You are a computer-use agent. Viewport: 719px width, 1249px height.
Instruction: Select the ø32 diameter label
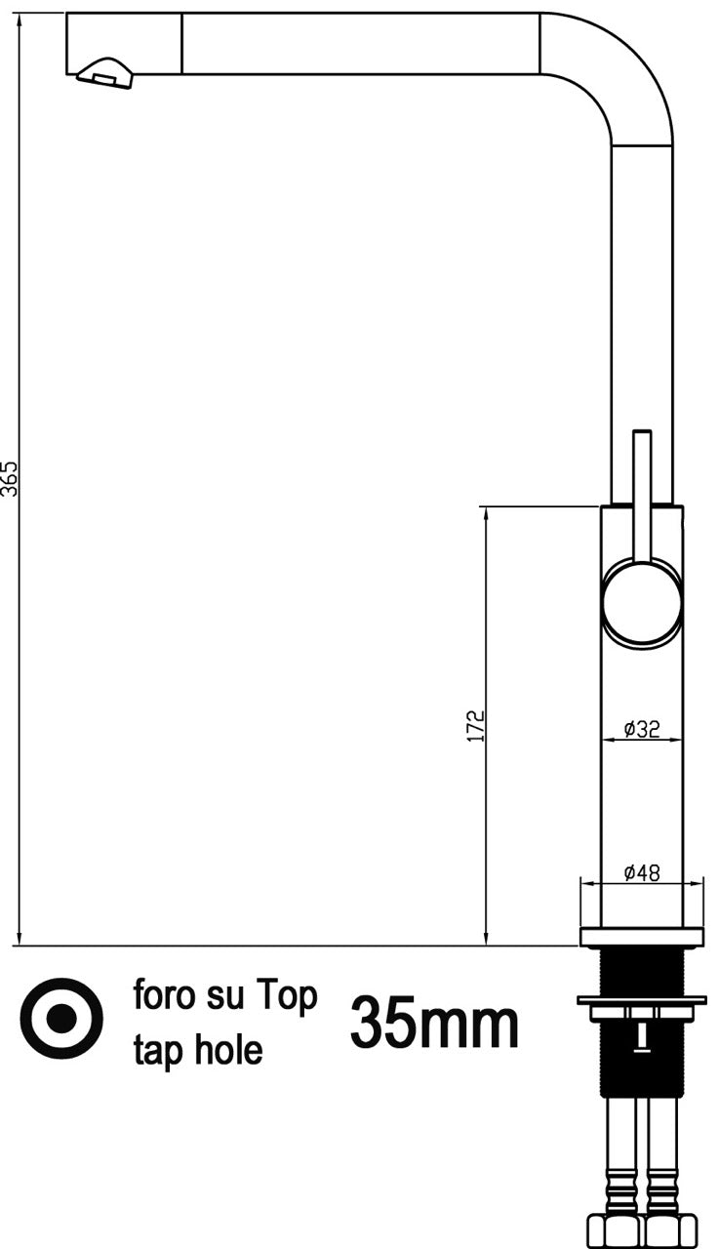click(642, 728)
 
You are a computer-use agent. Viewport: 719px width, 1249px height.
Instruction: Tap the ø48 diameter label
click(642, 872)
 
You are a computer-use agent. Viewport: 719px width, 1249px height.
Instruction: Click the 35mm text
click(434, 1022)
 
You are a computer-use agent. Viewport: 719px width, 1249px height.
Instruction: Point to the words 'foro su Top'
click(225, 996)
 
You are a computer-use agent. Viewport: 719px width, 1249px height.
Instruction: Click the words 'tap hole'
click(198, 1050)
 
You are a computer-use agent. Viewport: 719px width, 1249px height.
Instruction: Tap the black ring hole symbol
click(61, 1019)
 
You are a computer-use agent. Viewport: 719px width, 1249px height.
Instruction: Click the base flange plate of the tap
click(642, 937)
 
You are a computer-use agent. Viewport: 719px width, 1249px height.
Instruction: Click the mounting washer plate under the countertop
click(642, 1000)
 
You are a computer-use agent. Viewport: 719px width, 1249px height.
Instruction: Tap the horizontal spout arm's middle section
click(361, 44)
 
